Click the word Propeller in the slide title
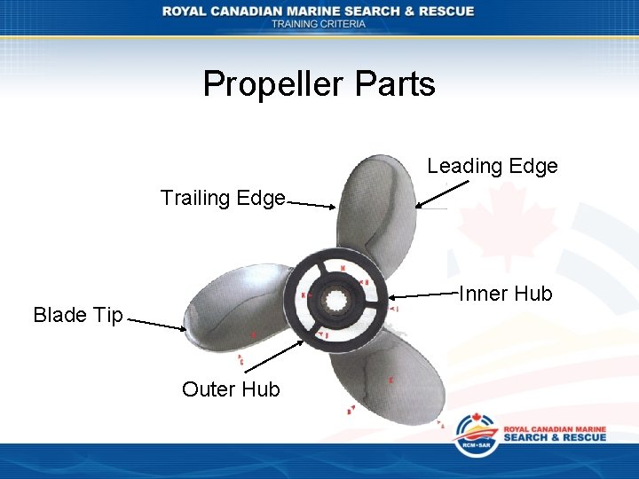(x=272, y=84)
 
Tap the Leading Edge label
(x=492, y=166)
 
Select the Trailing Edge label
(x=223, y=197)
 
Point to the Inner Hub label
(x=505, y=294)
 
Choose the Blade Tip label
(x=78, y=315)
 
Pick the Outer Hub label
(x=231, y=389)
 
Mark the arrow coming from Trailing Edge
(x=312, y=205)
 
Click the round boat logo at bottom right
(x=476, y=435)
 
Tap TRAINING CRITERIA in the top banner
(x=318, y=24)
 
